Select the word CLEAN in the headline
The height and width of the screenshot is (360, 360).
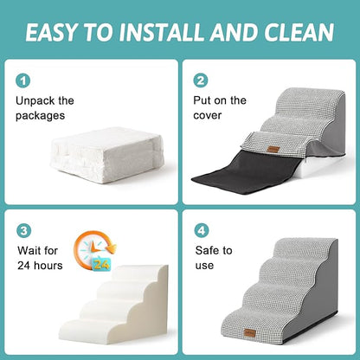click(298, 33)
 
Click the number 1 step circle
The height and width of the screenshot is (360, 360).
click(23, 80)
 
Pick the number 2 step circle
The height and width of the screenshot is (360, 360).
click(201, 80)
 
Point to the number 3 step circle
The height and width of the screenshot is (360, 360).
click(23, 232)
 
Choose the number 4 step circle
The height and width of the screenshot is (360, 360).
click(201, 232)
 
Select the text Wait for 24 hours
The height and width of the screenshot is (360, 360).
click(39, 258)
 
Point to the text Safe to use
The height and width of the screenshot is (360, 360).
click(214, 258)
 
